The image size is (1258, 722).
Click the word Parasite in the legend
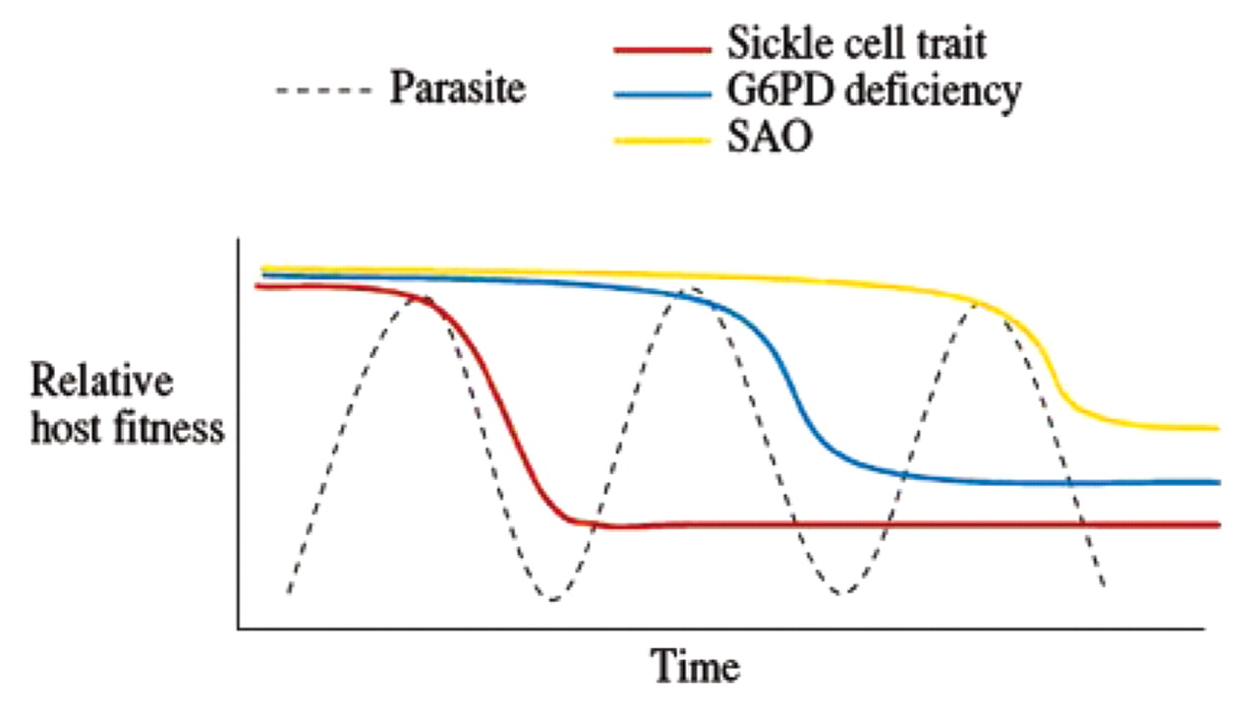tap(458, 90)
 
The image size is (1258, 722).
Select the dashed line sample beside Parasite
tap(325, 91)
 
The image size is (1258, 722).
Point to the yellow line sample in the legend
tap(661, 141)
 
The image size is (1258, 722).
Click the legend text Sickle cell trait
tap(856, 43)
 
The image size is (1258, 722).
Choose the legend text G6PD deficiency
tap(874, 91)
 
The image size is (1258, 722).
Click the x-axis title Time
tap(697, 668)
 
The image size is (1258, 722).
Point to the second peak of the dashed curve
tap(692, 289)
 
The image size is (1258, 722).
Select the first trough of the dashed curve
tap(553, 599)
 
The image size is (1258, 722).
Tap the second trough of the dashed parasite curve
tap(837, 593)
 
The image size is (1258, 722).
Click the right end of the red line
tap(1217, 525)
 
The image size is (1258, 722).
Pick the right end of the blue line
tap(1217, 482)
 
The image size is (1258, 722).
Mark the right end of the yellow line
tap(1217, 428)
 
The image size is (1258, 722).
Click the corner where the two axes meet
tap(239, 628)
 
